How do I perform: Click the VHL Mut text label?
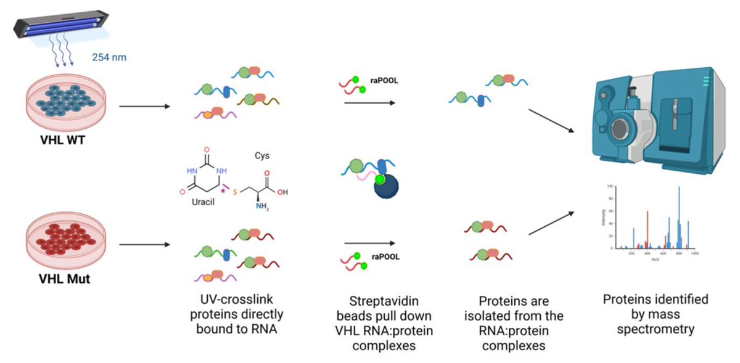64,279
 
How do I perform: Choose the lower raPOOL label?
386,257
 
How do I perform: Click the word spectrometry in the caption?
655,329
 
